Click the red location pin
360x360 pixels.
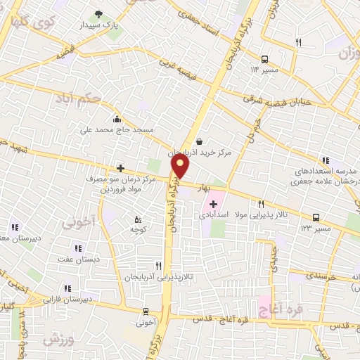[x=181, y=165]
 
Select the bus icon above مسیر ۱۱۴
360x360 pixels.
[x=264, y=59]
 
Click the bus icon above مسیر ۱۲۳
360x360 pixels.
[x=316, y=218]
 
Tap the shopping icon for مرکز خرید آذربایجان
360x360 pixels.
[x=200, y=141]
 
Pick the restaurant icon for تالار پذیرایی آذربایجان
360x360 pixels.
[x=158, y=266]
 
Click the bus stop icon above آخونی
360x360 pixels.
[x=146, y=311]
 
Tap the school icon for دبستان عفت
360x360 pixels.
[x=78, y=248]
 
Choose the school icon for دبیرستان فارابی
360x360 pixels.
[x=67, y=288]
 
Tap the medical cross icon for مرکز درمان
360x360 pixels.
[x=120, y=168]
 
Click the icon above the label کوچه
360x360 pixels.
[x=136, y=219]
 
